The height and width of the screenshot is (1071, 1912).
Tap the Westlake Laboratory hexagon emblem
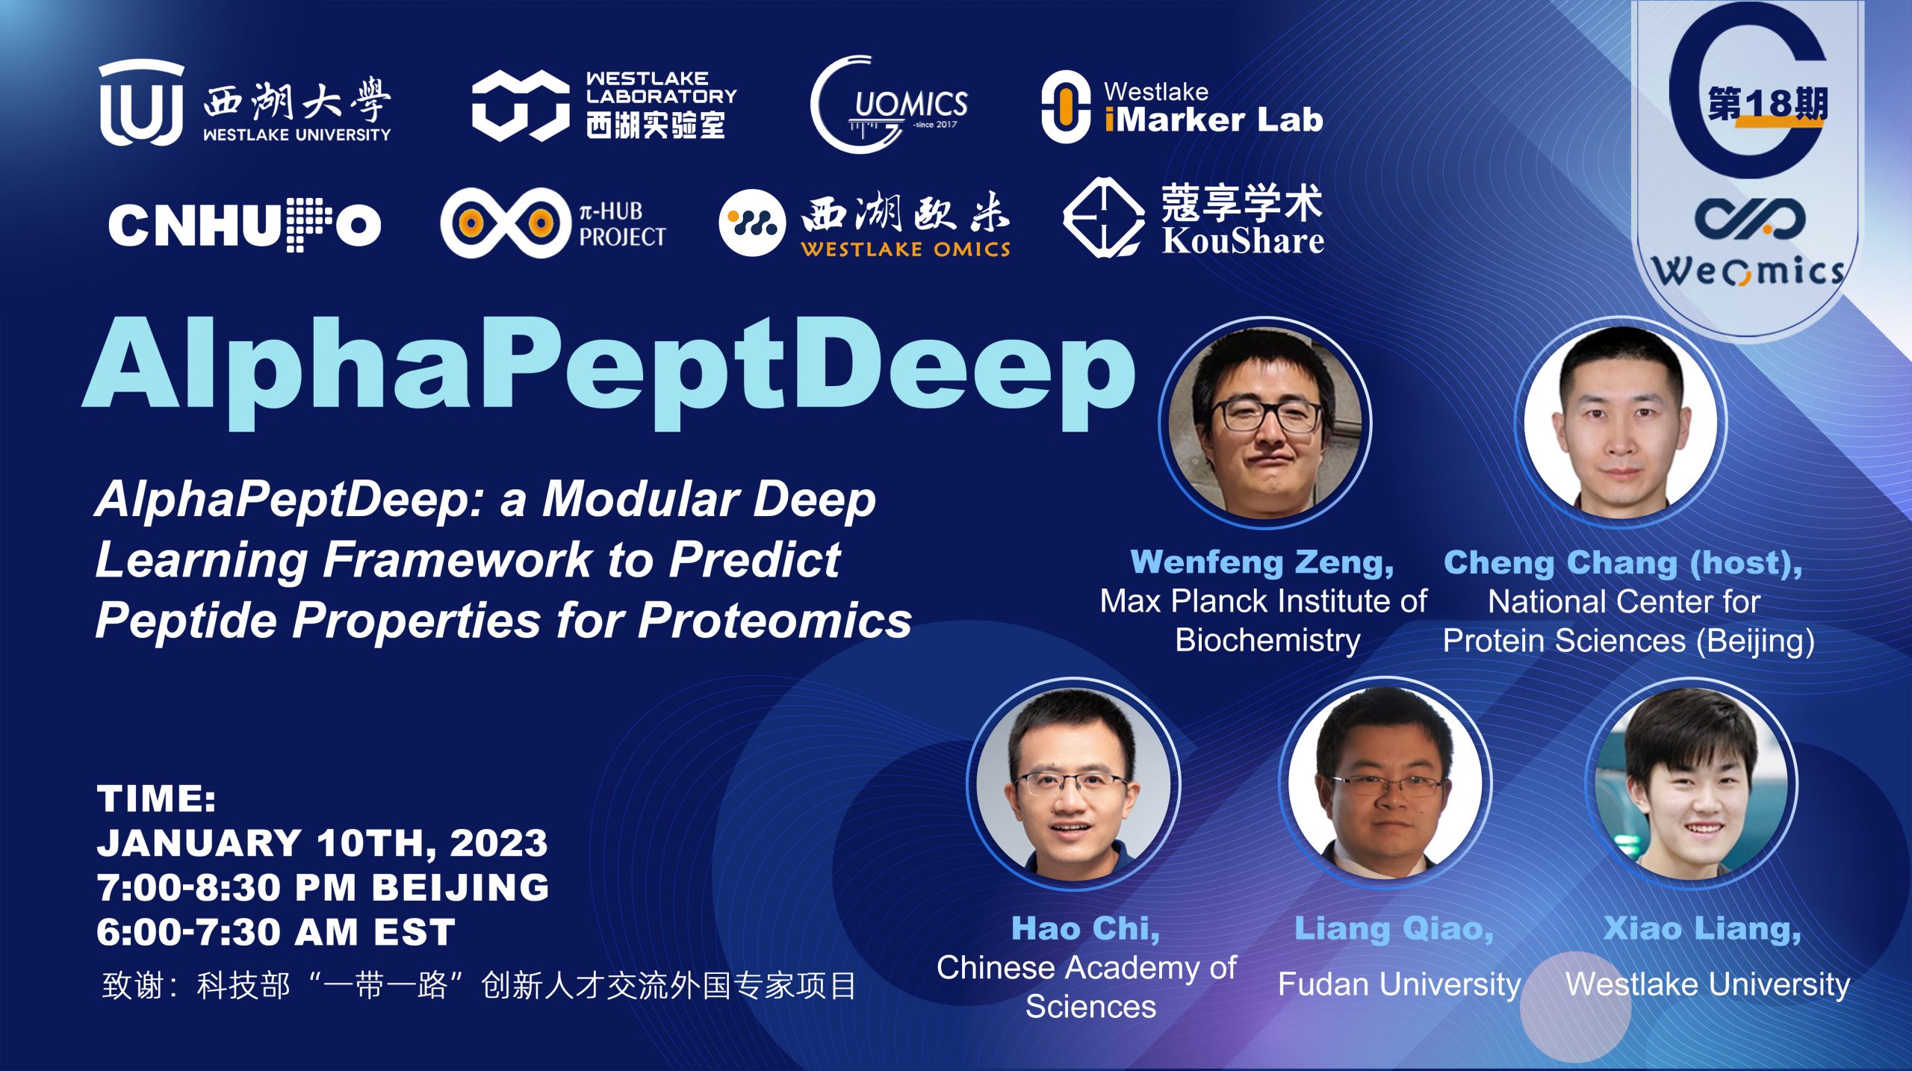click(521, 105)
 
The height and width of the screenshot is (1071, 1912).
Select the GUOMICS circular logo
click(889, 105)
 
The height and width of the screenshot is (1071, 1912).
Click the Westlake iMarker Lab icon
click(1066, 107)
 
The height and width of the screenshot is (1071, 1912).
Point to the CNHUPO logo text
click(244, 224)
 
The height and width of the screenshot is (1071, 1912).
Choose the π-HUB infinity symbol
click(506, 222)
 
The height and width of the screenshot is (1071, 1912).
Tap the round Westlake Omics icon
click(752, 223)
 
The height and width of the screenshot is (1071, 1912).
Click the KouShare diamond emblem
click(1103, 217)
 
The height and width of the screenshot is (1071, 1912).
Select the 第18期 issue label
click(1768, 104)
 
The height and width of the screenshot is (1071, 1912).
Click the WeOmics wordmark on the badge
click(1748, 270)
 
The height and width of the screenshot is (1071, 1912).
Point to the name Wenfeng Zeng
click(1262, 562)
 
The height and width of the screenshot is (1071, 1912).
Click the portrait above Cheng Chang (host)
click(1621, 423)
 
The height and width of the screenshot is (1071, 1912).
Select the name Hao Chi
click(1085, 928)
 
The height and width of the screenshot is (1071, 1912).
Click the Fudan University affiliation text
click(1399, 984)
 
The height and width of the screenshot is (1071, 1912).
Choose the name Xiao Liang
click(1702, 928)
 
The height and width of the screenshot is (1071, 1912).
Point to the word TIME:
click(157, 798)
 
